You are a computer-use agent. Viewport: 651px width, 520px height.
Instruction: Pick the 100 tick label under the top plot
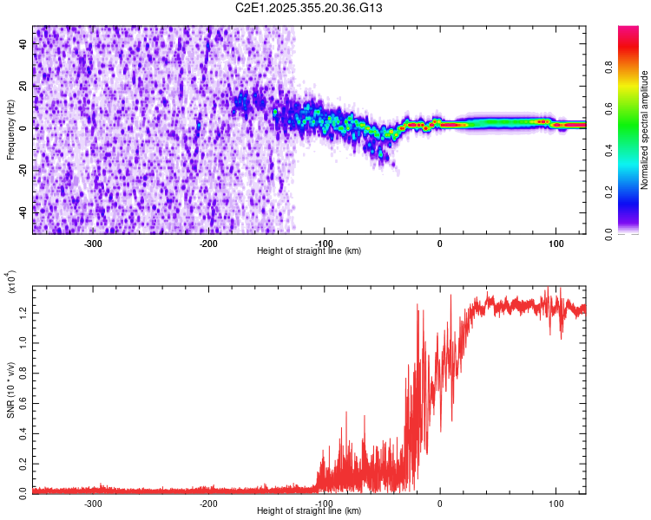(x=555, y=243)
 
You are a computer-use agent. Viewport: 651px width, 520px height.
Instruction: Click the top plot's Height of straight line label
(x=309, y=250)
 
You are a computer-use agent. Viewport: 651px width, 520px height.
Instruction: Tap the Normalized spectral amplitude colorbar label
(x=645, y=130)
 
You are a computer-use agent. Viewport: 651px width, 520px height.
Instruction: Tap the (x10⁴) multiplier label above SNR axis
(x=12, y=283)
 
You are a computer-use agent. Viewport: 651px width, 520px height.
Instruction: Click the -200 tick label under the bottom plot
(x=207, y=503)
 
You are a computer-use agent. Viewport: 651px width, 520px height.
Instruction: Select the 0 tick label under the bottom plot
(x=439, y=503)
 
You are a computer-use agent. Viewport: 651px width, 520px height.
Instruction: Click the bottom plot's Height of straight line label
(x=309, y=510)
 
